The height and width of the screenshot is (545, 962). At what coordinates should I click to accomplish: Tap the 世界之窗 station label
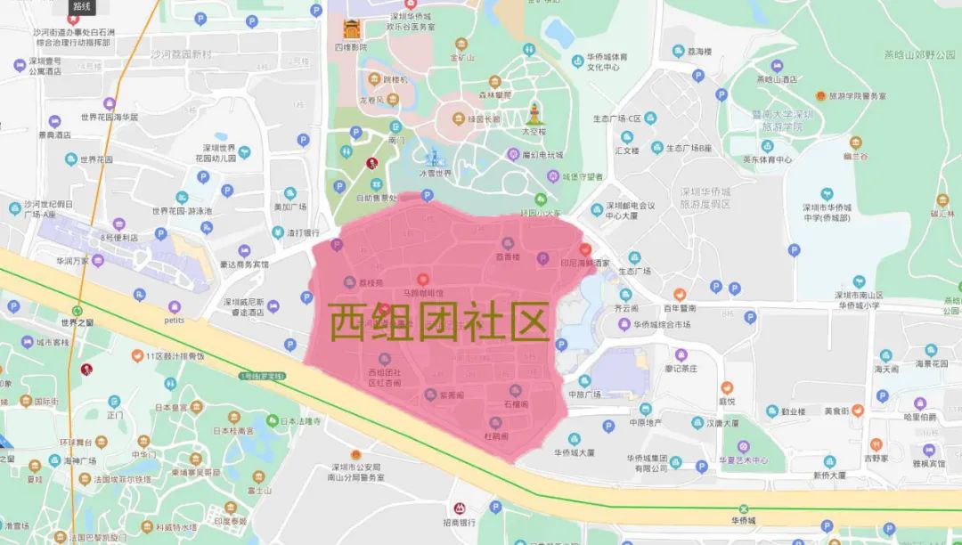point(77,321)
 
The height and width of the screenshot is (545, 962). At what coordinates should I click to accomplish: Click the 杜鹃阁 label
point(496,436)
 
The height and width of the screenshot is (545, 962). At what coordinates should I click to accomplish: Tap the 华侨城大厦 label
point(574,452)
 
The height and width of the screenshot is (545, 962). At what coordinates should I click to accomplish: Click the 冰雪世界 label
point(436,173)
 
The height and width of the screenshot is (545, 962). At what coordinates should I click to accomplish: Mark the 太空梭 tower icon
point(534,114)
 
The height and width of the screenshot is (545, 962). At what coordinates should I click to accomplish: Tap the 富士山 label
point(259,490)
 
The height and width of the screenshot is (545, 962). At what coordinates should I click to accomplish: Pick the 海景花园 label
point(932,363)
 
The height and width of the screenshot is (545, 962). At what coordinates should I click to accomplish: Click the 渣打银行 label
point(303,233)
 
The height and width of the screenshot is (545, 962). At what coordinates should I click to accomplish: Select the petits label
point(175,318)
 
